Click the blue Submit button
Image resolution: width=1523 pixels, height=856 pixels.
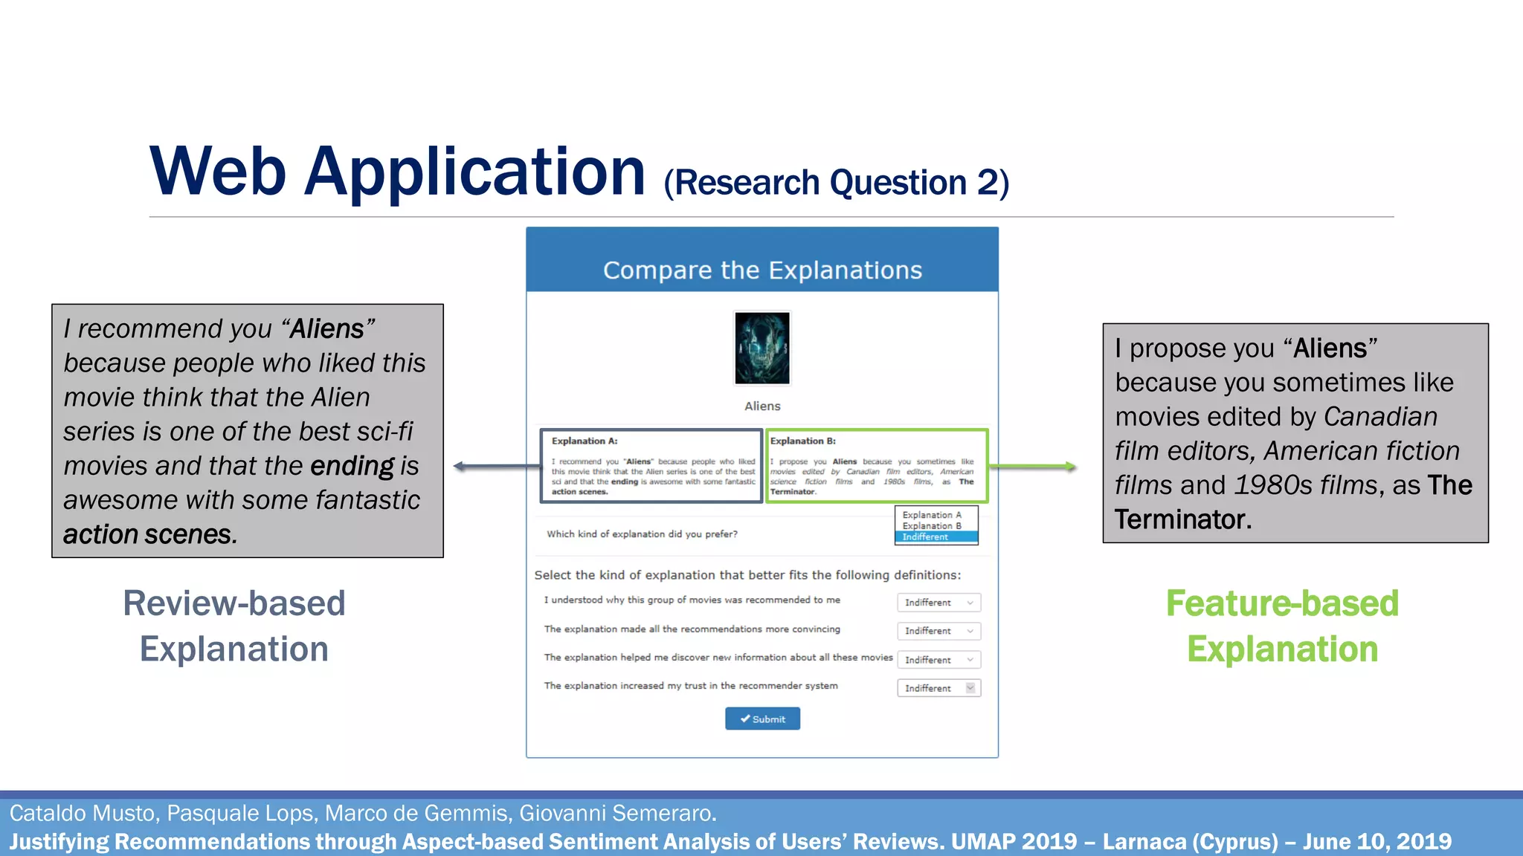(x=762, y=719)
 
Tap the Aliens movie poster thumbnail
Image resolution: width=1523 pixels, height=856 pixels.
(x=762, y=348)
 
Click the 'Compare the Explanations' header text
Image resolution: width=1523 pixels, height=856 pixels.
(x=762, y=270)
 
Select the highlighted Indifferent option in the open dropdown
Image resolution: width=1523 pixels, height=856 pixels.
(x=936, y=537)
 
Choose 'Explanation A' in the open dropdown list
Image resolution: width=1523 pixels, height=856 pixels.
(x=932, y=515)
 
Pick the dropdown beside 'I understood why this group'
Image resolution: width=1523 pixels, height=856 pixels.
(x=938, y=603)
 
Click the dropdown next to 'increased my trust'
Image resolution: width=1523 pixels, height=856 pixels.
(x=938, y=688)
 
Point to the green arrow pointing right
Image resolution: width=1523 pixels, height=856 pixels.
(x=1034, y=467)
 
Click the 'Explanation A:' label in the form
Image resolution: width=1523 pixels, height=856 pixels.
(x=585, y=441)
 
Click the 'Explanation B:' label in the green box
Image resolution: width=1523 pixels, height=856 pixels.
(x=803, y=441)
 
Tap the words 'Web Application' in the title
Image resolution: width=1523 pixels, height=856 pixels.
(x=397, y=172)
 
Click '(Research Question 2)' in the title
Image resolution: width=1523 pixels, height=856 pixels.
(x=836, y=183)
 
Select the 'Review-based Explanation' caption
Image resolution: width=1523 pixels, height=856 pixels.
(x=234, y=626)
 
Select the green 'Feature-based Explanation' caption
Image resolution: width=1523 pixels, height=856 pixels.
(x=1282, y=626)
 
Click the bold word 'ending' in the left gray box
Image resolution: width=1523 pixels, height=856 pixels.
(x=352, y=467)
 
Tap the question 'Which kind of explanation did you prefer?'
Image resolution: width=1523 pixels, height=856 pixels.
(x=642, y=534)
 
